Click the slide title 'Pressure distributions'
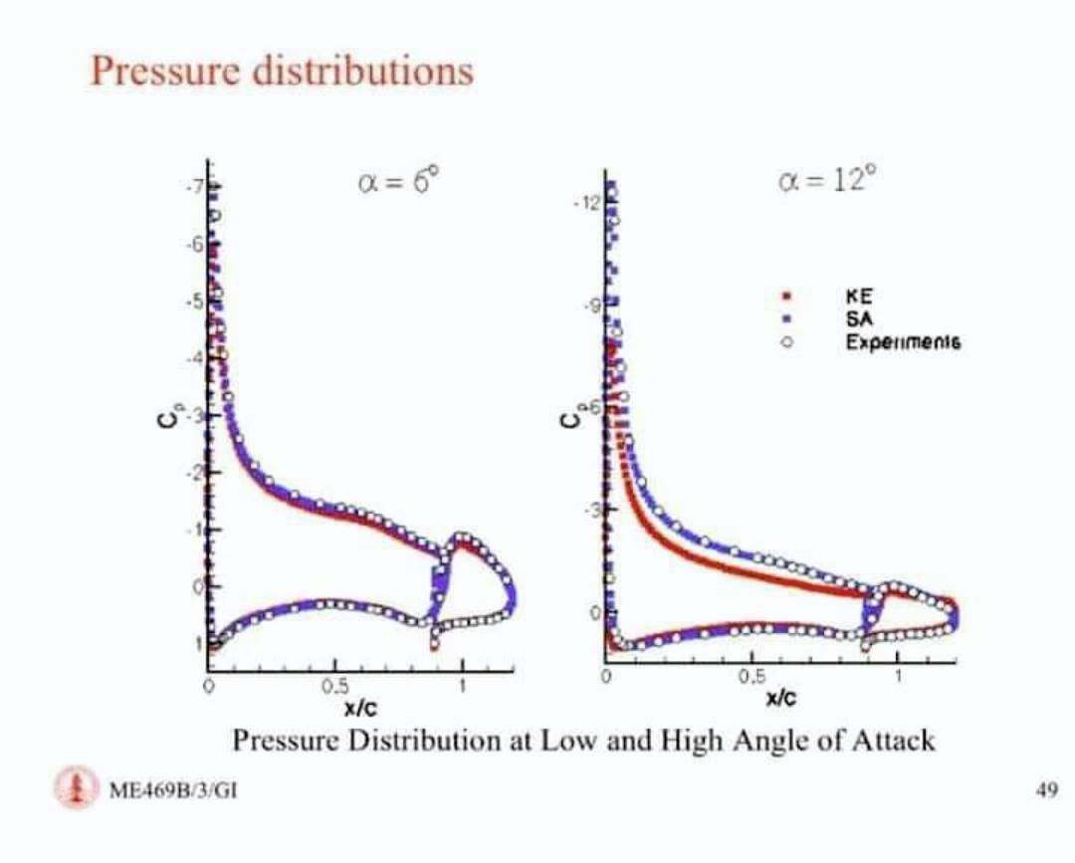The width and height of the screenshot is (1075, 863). [x=282, y=71]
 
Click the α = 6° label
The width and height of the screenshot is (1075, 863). [x=396, y=182]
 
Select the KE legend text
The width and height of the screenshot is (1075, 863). [x=859, y=296]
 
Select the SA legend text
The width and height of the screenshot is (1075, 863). [x=858, y=319]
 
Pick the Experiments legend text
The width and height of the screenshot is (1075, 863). [x=902, y=341]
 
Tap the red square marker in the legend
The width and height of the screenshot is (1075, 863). [x=786, y=297]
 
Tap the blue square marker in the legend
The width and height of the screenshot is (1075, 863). [x=786, y=319]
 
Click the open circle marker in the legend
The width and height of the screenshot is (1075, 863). [x=786, y=341]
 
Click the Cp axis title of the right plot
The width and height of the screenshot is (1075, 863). [x=570, y=419]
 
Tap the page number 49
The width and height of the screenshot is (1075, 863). [x=1045, y=790]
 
